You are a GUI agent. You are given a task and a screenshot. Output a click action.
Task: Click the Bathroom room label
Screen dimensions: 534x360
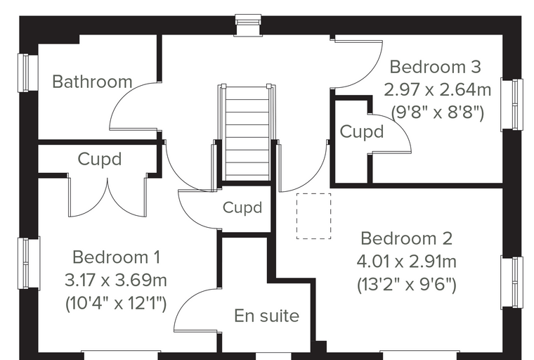92,82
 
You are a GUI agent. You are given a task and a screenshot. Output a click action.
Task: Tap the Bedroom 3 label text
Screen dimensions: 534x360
435,67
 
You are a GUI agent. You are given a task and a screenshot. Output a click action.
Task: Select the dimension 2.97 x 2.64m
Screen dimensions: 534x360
438,90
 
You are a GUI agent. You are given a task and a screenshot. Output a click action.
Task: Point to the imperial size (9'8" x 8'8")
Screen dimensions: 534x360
438,112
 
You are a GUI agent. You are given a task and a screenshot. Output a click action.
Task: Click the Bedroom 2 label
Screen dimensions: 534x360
407,238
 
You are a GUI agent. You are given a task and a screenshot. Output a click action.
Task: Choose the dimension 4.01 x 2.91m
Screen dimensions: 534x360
407,262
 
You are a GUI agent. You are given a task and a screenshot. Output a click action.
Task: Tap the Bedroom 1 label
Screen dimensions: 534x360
116,257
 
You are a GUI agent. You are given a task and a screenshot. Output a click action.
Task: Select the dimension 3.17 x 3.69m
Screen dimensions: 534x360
116,281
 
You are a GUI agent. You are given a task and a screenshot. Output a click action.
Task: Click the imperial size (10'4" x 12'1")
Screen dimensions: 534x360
116,304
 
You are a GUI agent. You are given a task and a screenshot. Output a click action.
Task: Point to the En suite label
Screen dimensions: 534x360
267,316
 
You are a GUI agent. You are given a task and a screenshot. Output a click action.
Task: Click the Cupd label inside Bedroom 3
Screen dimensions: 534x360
362,131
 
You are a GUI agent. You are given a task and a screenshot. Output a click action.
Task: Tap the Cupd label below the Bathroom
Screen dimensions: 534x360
100,159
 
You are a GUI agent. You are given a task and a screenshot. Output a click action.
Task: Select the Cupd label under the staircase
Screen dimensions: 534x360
242,207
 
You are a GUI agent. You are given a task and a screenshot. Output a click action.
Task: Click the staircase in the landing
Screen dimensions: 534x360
247,132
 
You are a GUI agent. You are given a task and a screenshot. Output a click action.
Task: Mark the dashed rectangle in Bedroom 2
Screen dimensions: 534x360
313,216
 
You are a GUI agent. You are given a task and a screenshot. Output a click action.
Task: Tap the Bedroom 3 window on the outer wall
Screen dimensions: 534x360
512,104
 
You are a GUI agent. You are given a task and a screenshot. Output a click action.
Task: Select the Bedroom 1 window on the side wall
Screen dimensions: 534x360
29,263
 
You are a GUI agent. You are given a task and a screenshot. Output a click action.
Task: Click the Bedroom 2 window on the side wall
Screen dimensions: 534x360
512,283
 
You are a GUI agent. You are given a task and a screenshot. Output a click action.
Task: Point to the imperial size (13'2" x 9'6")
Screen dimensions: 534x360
407,284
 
